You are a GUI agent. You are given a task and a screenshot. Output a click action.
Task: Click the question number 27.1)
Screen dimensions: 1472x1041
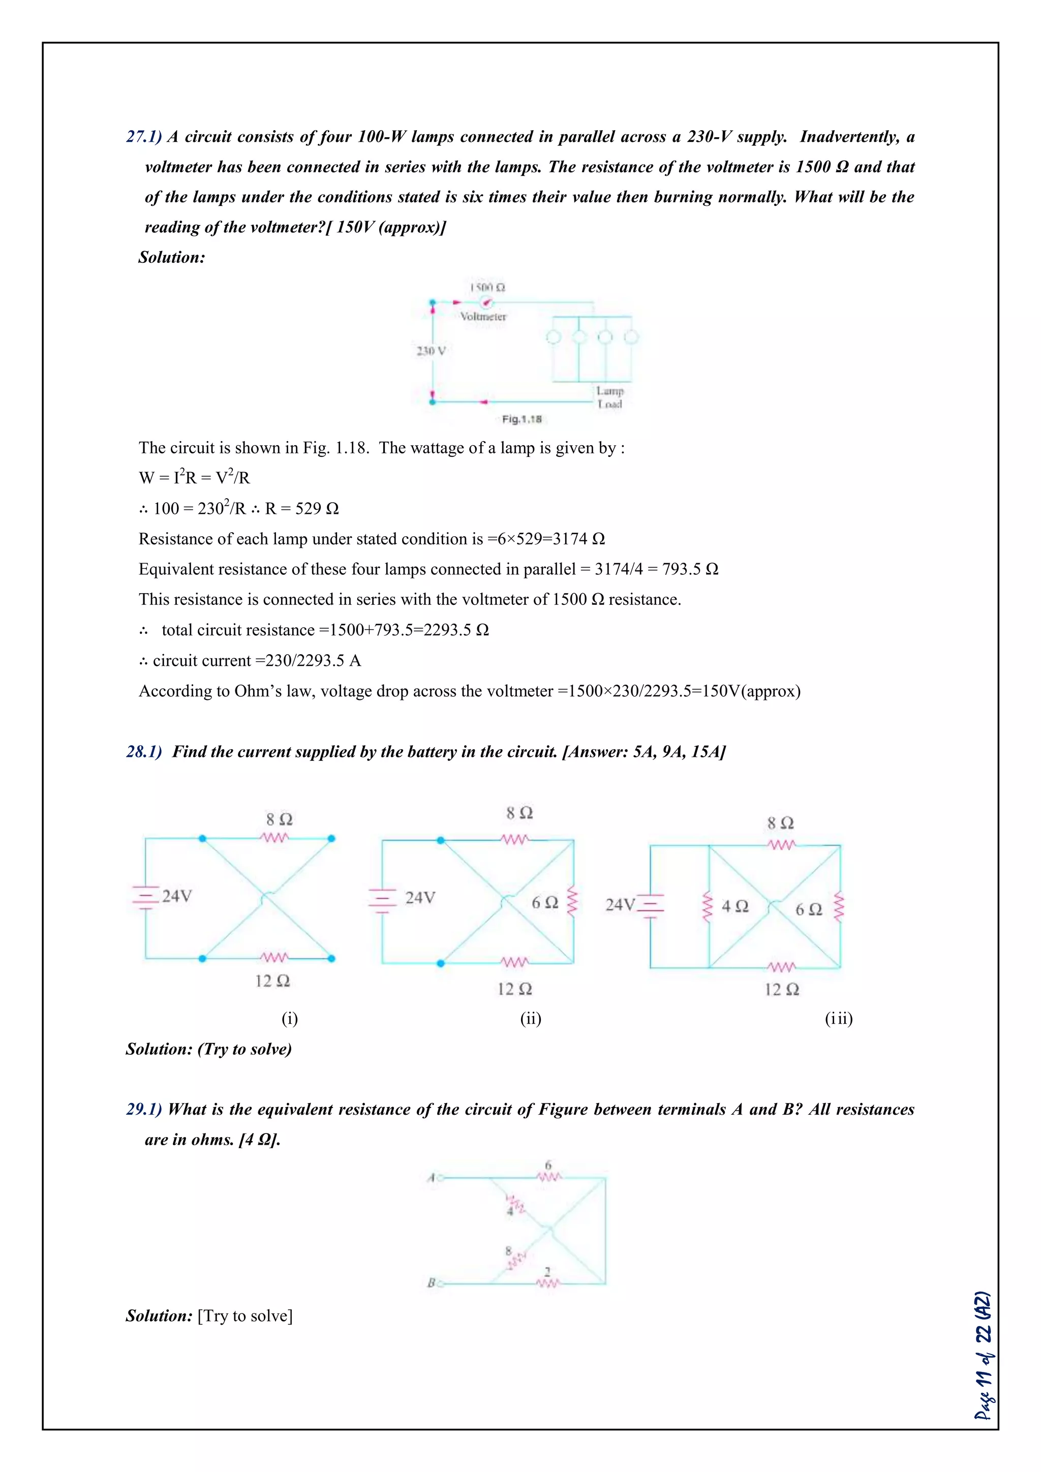(x=144, y=137)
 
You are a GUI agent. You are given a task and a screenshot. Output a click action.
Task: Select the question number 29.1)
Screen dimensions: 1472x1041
(x=144, y=1109)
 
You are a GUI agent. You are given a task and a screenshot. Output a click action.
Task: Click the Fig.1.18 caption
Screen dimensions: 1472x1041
(x=522, y=419)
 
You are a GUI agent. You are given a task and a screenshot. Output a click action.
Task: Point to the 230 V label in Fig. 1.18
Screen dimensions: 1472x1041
(x=431, y=351)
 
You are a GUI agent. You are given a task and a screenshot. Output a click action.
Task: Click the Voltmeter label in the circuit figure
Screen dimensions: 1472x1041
(x=483, y=316)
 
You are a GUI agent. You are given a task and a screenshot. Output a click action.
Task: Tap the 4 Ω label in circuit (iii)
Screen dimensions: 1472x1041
(x=735, y=906)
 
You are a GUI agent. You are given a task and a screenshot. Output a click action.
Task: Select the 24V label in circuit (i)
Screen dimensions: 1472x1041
(x=176, y=896)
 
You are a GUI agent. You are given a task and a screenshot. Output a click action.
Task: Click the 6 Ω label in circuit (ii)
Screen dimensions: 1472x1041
(x=545, y=902)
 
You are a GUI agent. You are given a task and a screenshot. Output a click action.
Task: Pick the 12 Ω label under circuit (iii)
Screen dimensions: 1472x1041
(x=782, y=989)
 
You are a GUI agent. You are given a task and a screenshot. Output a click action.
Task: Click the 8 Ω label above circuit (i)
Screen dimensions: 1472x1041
(x=280, y=819)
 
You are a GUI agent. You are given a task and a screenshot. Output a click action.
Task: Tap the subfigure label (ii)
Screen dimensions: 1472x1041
(x=531, y=1018)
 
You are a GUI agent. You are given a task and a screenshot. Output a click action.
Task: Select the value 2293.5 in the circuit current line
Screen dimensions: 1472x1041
(x=319, y=660)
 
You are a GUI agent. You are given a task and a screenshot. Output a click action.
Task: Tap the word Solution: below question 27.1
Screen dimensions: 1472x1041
(x=172, y=257)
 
